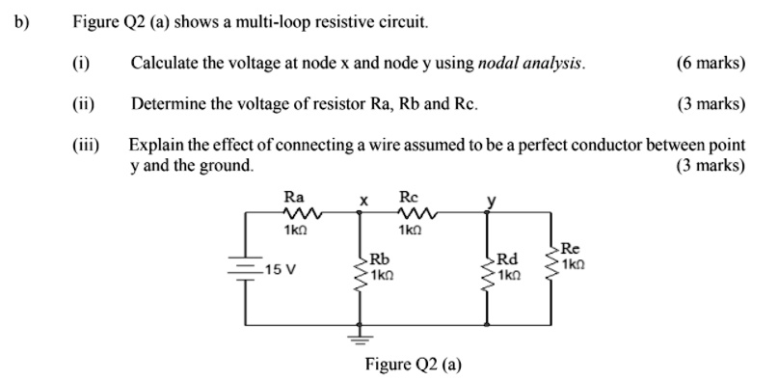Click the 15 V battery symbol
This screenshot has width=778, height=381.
(x=245, y=268)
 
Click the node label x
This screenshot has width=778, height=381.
(x=363, y=201)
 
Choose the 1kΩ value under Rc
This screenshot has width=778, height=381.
(x=412, y=231)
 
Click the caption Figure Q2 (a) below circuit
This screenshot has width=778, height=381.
(x=413, y=364)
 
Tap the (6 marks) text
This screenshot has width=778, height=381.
(x=711, y=64)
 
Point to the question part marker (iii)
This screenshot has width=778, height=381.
(x=85, y=144)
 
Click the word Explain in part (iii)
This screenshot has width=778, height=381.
(x=155, y=144)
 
